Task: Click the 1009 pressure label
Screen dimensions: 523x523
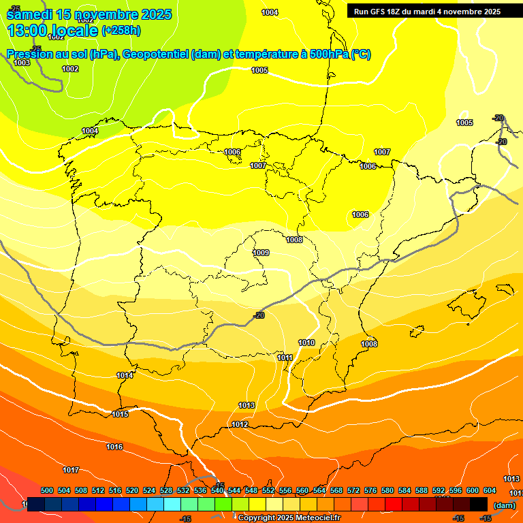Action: coord(261,253)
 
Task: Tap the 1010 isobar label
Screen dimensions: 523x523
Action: coord(306,343)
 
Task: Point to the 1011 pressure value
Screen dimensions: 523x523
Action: coord(285,358)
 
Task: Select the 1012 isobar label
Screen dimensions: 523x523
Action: coord(240,424)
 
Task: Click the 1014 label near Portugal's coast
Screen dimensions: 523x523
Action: coord(125,375)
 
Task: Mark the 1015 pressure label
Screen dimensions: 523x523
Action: coord(120,414)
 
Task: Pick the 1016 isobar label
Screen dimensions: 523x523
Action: coord(114,447)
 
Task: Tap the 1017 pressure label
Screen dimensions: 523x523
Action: coord(71,470)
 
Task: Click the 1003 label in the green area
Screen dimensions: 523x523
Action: coord(22,63)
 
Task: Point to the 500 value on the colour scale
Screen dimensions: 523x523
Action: coord(47,490)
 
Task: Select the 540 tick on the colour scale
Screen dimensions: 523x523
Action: coord(217,490)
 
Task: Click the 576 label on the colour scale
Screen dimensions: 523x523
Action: coord(370,490)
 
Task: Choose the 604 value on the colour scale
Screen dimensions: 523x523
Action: coord(490,490)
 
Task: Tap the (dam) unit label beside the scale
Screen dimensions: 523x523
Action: coord(504,505)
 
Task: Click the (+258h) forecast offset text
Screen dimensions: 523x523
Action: coord(121,30)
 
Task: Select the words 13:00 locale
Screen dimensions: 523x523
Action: coord(52,31)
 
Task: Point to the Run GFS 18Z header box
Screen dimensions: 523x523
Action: coord(427,12)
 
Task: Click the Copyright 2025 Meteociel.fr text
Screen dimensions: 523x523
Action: coord(289,518)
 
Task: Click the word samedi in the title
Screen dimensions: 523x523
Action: coord(30,14)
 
